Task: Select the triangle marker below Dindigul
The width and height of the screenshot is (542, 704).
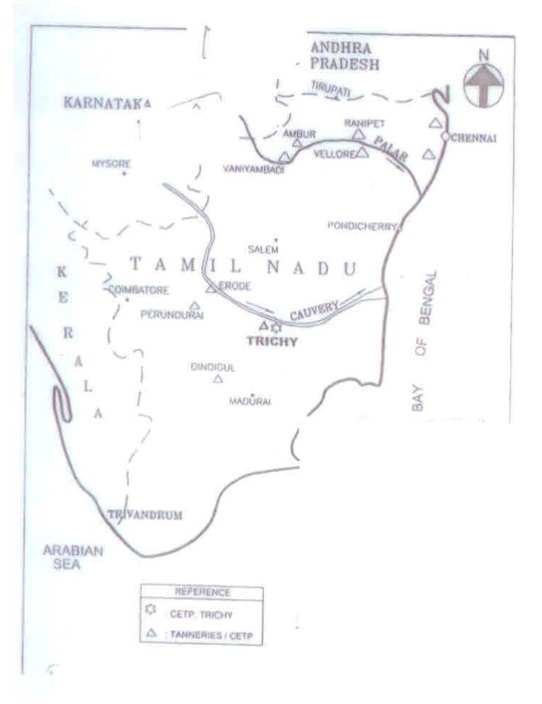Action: [x=217, y=380]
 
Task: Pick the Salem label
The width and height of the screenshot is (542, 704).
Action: [x=263, y=248]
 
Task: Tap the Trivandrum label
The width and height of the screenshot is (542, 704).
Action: [x=144, y=515]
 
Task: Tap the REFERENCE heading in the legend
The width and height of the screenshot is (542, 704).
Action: [x=202, y=591]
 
